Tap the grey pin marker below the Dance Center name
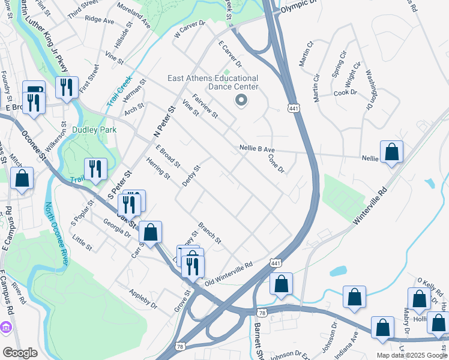[x=241, y=100]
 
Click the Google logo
[x=20, y=353]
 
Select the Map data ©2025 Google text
[x=411, y=355]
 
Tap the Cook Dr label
[x=345, y=92]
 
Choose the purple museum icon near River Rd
[x=6, y=329]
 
